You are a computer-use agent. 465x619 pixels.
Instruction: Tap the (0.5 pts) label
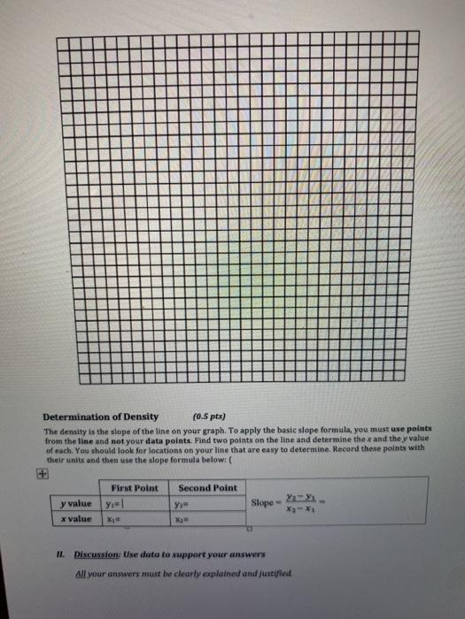[x=209, y=416]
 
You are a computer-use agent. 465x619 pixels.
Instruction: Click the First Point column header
[x=135, y=487]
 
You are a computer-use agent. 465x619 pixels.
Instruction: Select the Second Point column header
[x=208, y=487]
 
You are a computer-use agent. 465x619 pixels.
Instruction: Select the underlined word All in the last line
[x=82, y=573]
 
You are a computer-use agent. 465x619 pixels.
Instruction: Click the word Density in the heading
[x=136, y=416]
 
